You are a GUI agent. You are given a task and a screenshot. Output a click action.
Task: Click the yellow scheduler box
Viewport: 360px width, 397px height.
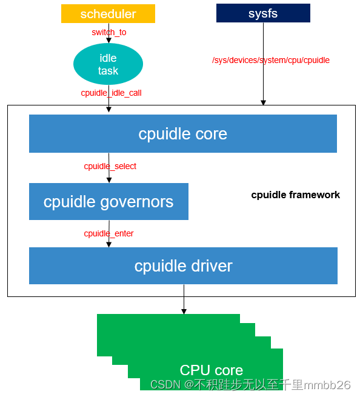108,13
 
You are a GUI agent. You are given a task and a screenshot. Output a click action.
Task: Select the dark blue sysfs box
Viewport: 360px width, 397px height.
263,13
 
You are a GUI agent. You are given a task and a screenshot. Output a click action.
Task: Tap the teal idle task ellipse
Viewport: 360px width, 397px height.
108,64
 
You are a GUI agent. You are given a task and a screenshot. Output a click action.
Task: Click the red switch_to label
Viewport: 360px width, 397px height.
109,32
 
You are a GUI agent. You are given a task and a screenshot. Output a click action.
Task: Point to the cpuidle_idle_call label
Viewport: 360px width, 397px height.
111,93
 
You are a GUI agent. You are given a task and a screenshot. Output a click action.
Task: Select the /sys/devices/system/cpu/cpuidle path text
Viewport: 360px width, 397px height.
271,60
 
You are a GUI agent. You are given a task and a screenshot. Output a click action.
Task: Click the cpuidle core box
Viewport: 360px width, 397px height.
182,134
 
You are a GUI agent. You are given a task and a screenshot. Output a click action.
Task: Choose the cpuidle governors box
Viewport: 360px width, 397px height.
108,201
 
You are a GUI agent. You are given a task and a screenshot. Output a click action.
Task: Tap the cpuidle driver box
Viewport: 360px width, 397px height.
183,265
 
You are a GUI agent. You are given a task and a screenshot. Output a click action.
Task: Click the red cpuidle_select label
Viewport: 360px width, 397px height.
110,166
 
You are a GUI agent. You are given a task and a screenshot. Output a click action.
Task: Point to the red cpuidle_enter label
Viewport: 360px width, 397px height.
108,233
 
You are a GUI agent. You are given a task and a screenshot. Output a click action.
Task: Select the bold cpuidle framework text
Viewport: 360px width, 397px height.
295,195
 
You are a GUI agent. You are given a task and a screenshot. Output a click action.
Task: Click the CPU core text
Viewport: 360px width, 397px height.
211,370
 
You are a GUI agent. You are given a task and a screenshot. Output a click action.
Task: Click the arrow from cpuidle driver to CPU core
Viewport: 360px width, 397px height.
184,299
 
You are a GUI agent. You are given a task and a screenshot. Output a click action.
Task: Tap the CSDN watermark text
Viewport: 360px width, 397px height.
250,385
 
